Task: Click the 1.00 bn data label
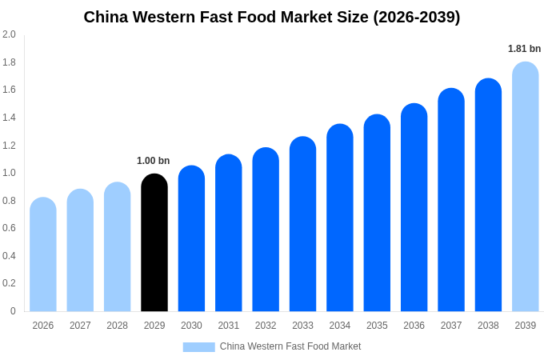click(154, 161)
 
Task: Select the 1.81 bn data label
click(524, 49)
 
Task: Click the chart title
click(272, 17)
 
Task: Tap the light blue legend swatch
click(198, 346)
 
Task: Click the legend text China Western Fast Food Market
click(290, 346)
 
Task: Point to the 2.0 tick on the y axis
click(9, 34)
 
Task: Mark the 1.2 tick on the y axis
click(9, 145)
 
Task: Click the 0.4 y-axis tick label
click(9, 255)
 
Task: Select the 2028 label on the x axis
click(118, 326)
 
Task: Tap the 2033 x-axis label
click(303, 326)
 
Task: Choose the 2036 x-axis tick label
click(414, 326)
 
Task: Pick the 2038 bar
click(488, 195)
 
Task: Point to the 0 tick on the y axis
click(13, 310)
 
